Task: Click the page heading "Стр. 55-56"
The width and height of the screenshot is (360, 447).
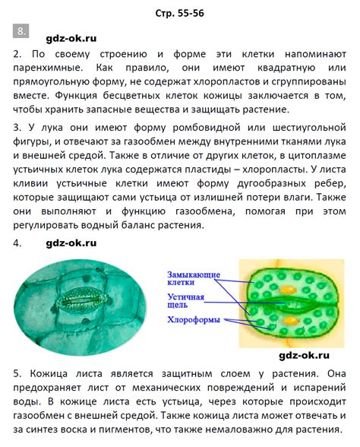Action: coord(179,13)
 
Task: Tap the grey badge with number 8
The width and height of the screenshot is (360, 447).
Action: coord(21,31)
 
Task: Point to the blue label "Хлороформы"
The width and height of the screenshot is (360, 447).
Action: coord(194,320)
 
